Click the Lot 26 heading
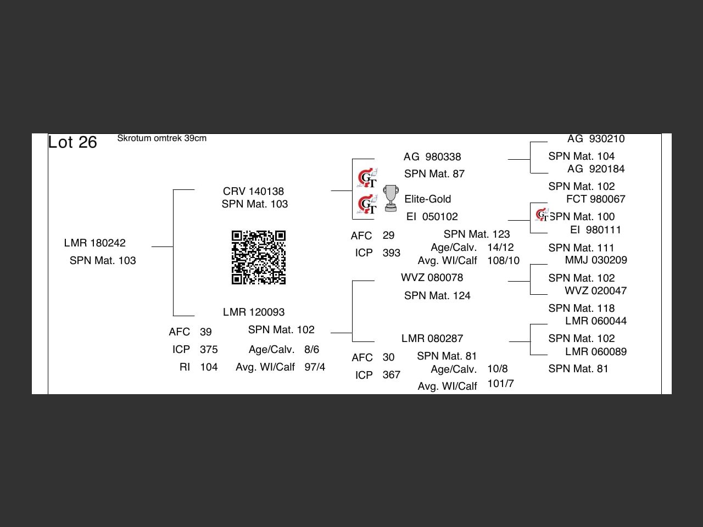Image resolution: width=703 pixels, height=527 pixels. click(72, 142)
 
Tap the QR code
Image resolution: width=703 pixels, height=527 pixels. click(259, 257)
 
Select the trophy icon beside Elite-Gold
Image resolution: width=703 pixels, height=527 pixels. click(390, 198)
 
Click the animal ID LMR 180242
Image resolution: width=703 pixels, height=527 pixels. click(94, 243)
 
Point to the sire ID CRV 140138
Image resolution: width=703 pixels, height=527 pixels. click(253, 191)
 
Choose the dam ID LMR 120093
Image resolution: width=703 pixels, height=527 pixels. click(254, 312)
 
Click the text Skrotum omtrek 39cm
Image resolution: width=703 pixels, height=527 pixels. click(161, 138)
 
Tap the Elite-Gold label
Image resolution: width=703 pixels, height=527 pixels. click(427, 199)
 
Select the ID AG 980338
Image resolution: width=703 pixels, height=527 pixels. click(432, 157)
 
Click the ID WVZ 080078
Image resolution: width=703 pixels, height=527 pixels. click(432, 278)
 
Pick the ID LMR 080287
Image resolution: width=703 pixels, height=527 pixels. click(432, 339)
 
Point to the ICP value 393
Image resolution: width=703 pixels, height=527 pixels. click(391, 253)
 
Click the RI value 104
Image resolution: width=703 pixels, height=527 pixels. click(209, 367)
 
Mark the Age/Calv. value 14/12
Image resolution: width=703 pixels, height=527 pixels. click(500, 248)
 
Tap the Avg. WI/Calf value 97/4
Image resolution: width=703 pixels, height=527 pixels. click(315, 367)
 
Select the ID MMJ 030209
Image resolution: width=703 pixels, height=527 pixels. click(596, 260)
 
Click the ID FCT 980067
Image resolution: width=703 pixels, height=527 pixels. click(595, 199)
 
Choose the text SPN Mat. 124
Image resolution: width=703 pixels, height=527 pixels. click(437, 296)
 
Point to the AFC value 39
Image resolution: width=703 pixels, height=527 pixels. click(206, 332)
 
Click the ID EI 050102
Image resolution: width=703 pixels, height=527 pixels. click(432, 217)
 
